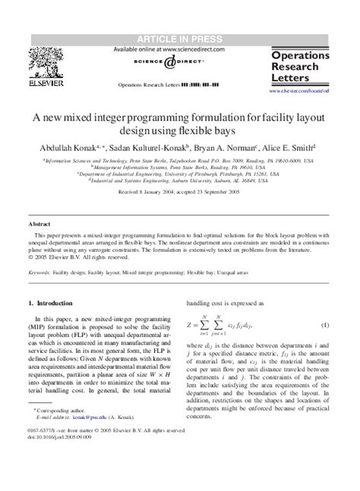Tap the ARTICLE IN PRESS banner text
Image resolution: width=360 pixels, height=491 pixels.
pyautogui.click(x=179, y=39)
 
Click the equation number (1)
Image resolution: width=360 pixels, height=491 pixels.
pyautogui.click(x=324, y=304)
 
